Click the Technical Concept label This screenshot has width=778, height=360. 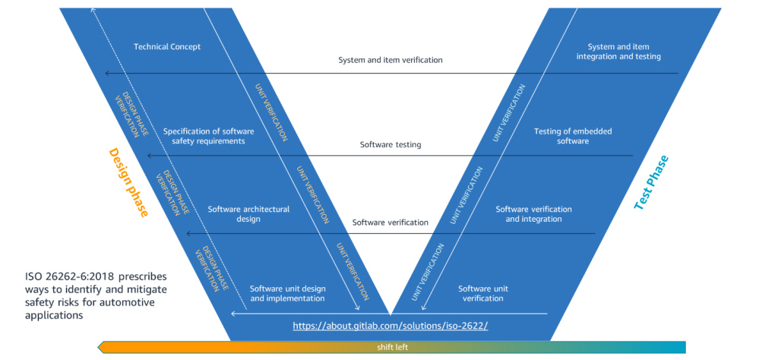167,47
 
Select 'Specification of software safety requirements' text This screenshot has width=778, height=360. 208,136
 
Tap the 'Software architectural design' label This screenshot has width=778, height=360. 248,214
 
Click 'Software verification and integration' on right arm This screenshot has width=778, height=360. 533,214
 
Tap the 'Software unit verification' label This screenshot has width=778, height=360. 483,293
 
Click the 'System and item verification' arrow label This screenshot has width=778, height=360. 390,60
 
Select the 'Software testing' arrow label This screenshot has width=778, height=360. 390,144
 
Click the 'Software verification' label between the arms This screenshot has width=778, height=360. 390,223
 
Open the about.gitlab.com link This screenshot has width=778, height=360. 390,326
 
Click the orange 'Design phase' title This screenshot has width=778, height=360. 128,182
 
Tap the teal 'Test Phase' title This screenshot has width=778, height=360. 651,182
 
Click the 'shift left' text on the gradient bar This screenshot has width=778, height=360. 392,347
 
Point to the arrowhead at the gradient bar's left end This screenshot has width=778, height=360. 101,347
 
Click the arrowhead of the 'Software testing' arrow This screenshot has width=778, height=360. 150,156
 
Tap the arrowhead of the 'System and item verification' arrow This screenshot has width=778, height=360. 107,73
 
